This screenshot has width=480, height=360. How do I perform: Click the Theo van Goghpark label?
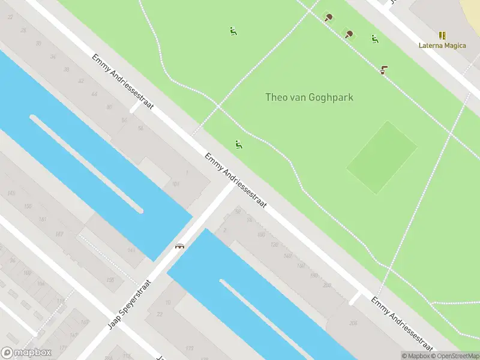click(309, 97)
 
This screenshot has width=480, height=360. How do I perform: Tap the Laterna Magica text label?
click(442, 46)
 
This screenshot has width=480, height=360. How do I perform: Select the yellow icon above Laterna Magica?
click(442, 35)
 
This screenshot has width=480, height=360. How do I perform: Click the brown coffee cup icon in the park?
click(383, 69)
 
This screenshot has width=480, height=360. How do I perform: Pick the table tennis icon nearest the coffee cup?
click(349, 34)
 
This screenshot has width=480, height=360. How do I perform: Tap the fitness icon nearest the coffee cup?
click(374, 39)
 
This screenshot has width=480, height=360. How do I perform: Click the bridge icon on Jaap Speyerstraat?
click(179, 245)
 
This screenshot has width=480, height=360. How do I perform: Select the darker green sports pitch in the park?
click(382, 157)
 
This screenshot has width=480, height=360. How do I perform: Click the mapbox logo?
click(26, 353)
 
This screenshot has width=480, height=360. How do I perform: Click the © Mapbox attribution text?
click(415, 356)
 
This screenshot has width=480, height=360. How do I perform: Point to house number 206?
click(353, 323)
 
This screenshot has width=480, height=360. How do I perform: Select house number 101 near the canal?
click(176, 184)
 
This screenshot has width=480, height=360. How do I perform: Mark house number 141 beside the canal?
click(131, 250)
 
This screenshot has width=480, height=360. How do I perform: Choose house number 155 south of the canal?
click(27, 206)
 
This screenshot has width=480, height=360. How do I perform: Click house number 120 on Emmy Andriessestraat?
click(274, 244)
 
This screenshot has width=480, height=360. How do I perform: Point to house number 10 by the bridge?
click(167, 302)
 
